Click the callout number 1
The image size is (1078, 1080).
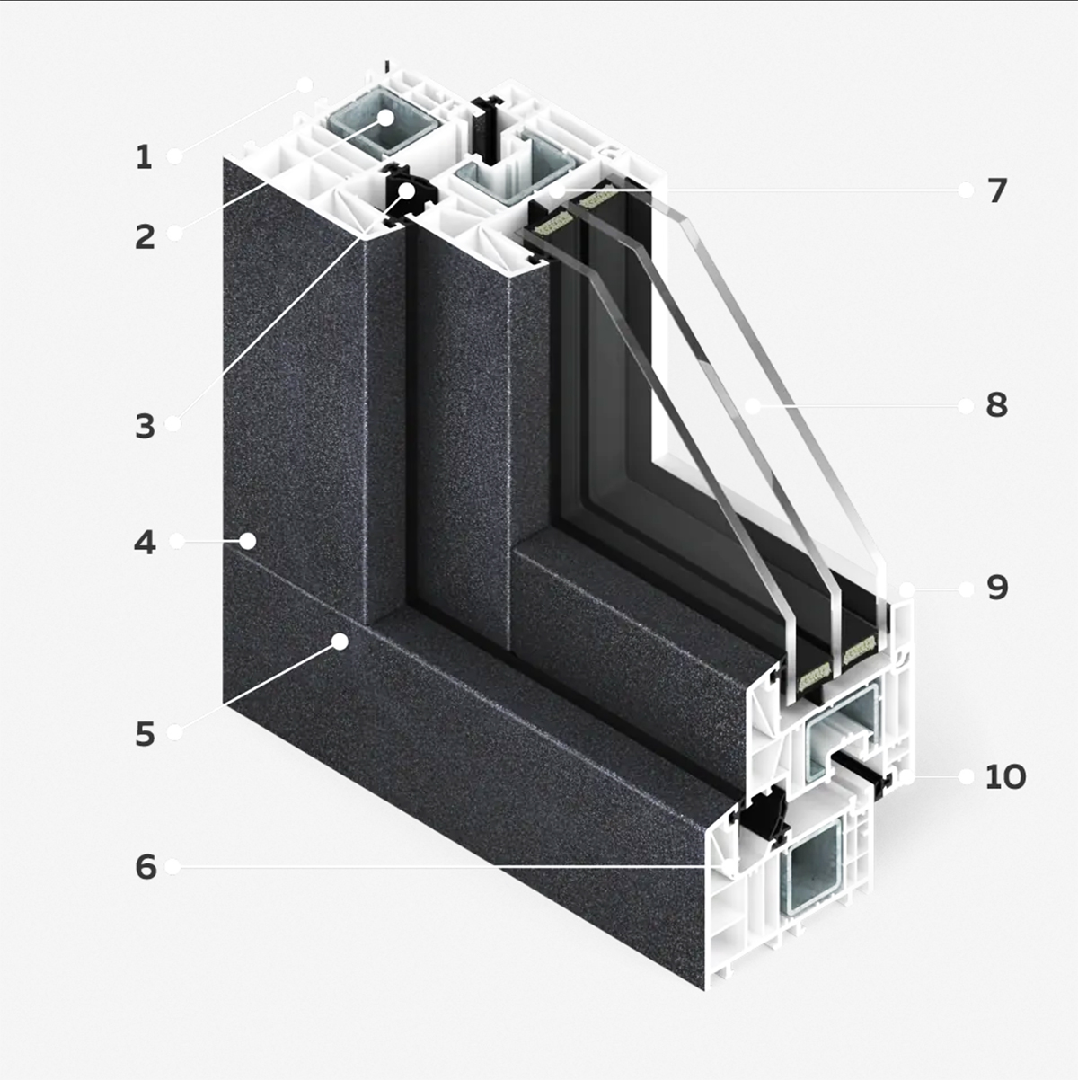pos(144,157)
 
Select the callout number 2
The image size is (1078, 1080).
pos(145,236)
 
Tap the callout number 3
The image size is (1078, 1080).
pos(145,426)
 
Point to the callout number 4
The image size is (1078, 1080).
pos(145,543)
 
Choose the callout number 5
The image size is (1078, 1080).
pos(145,734)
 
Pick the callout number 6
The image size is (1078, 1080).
pos(146,867)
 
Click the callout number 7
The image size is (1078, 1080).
pos(997,190)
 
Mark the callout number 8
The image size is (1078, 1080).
pos(997,404)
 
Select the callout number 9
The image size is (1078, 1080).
pos(997,589)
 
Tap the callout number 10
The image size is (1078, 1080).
pos(1006,777)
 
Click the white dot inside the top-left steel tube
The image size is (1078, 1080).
pos(385,118)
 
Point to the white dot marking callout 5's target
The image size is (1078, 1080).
pos(340,642)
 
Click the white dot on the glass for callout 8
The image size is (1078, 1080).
pos(753,405)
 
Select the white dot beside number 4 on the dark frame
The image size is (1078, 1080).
pos(248,541)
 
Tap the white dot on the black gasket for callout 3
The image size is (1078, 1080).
pos(408,191)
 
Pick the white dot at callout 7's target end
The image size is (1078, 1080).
pos(557,192)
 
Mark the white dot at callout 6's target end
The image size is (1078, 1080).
pos(729,868)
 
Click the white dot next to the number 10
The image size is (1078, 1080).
pos(966,776)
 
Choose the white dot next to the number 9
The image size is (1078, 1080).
pos(966,589)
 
